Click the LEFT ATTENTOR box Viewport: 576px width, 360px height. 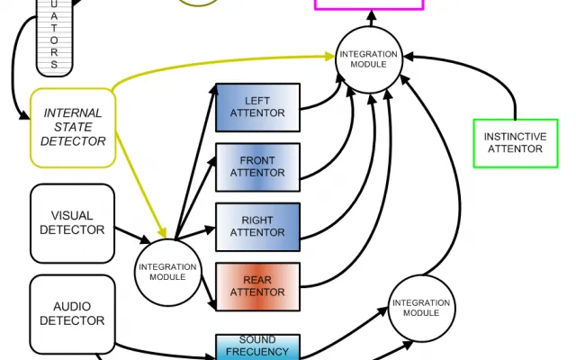(257, 107)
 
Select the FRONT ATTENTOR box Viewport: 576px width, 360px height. (257, 166)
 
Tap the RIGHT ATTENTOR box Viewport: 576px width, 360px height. (257, 226)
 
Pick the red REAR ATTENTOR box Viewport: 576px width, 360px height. (257, 286)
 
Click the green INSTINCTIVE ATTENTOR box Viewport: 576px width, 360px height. (516, 143)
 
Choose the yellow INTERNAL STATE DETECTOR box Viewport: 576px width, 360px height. (73, 128)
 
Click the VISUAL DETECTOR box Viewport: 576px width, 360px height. (72, 223)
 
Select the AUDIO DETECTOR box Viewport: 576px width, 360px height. (72, 314)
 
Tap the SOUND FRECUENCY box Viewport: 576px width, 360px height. (257, 346)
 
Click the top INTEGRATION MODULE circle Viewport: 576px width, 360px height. (368, 59)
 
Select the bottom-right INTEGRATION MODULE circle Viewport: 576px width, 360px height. (420, 308)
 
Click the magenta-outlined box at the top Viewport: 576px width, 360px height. (368, 4)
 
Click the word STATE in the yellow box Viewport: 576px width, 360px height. (73, 128)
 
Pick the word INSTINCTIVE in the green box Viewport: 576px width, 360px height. (516, 137)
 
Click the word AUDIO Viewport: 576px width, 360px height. (72, 307)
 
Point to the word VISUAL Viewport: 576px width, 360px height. (72, 216)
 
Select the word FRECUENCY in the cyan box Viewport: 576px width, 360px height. (257, 352)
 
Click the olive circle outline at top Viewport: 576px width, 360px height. (198, 3)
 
